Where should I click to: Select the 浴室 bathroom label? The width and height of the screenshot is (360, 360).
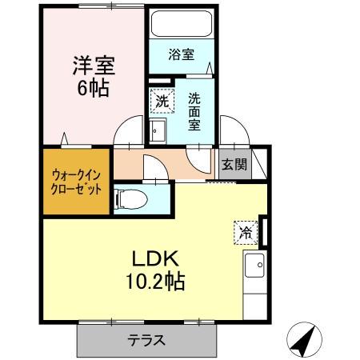tap(181, 54)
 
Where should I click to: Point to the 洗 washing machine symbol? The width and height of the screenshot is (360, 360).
tap(161, 101)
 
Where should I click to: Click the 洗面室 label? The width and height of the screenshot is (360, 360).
tap(194, 113)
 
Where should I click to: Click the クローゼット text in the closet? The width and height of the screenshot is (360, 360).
tap(76, 190)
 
